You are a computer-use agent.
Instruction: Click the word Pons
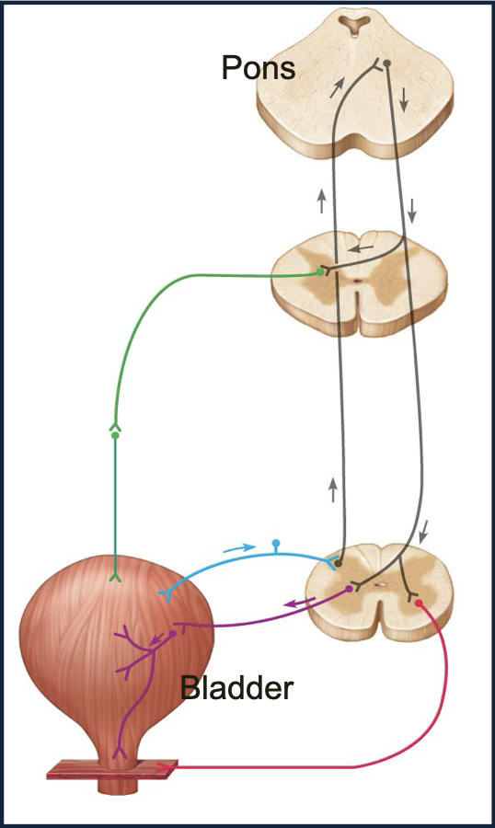(259, 67)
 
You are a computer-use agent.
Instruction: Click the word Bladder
(236, 687)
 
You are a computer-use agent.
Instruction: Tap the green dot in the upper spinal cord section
(319, 272)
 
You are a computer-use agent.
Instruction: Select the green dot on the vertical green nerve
(115, 435)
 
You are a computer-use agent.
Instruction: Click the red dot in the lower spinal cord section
(418, 603)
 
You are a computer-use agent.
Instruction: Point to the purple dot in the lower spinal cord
(349, 588)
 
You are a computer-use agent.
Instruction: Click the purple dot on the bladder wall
(172, 633)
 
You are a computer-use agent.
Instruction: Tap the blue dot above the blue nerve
(275, 543)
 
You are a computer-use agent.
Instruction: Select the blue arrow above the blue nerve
(239, 547)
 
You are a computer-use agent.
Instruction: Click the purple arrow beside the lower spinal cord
(300, 603)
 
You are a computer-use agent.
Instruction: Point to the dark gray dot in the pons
(386, 63)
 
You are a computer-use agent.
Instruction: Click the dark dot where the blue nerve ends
(338, 564)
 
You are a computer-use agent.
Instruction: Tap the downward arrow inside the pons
(404, 99)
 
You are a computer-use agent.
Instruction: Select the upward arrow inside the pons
(337, 87)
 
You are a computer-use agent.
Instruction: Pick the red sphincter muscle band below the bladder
(112, 769)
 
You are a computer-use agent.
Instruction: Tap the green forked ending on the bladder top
(115, 578)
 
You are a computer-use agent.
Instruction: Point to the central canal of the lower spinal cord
(379, 584)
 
